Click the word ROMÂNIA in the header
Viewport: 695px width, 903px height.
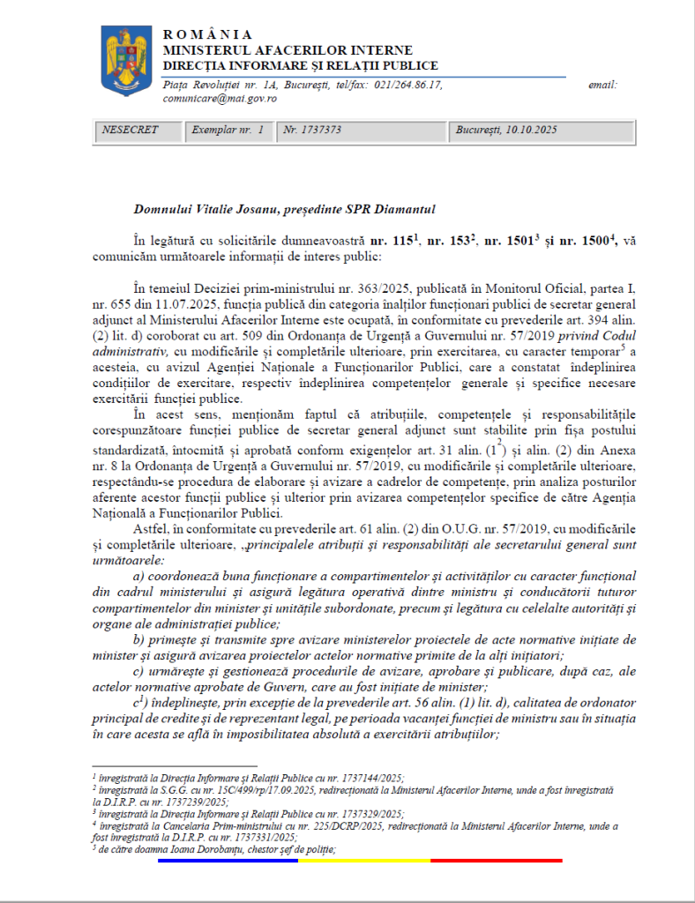207,34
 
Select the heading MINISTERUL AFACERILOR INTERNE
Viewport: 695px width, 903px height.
288,49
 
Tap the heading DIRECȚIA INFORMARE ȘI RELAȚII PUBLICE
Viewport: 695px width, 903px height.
300,65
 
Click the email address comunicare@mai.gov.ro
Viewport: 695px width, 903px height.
220,99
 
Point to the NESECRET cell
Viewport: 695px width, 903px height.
131,130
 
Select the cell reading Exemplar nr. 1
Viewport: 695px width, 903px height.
228,130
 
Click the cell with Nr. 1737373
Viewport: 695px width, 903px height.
312,130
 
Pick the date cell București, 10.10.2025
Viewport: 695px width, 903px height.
506,130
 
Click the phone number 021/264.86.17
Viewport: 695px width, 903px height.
407,85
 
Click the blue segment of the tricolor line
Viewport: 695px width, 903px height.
228,860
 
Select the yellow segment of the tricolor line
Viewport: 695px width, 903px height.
363,860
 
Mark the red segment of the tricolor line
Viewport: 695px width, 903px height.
496,860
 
